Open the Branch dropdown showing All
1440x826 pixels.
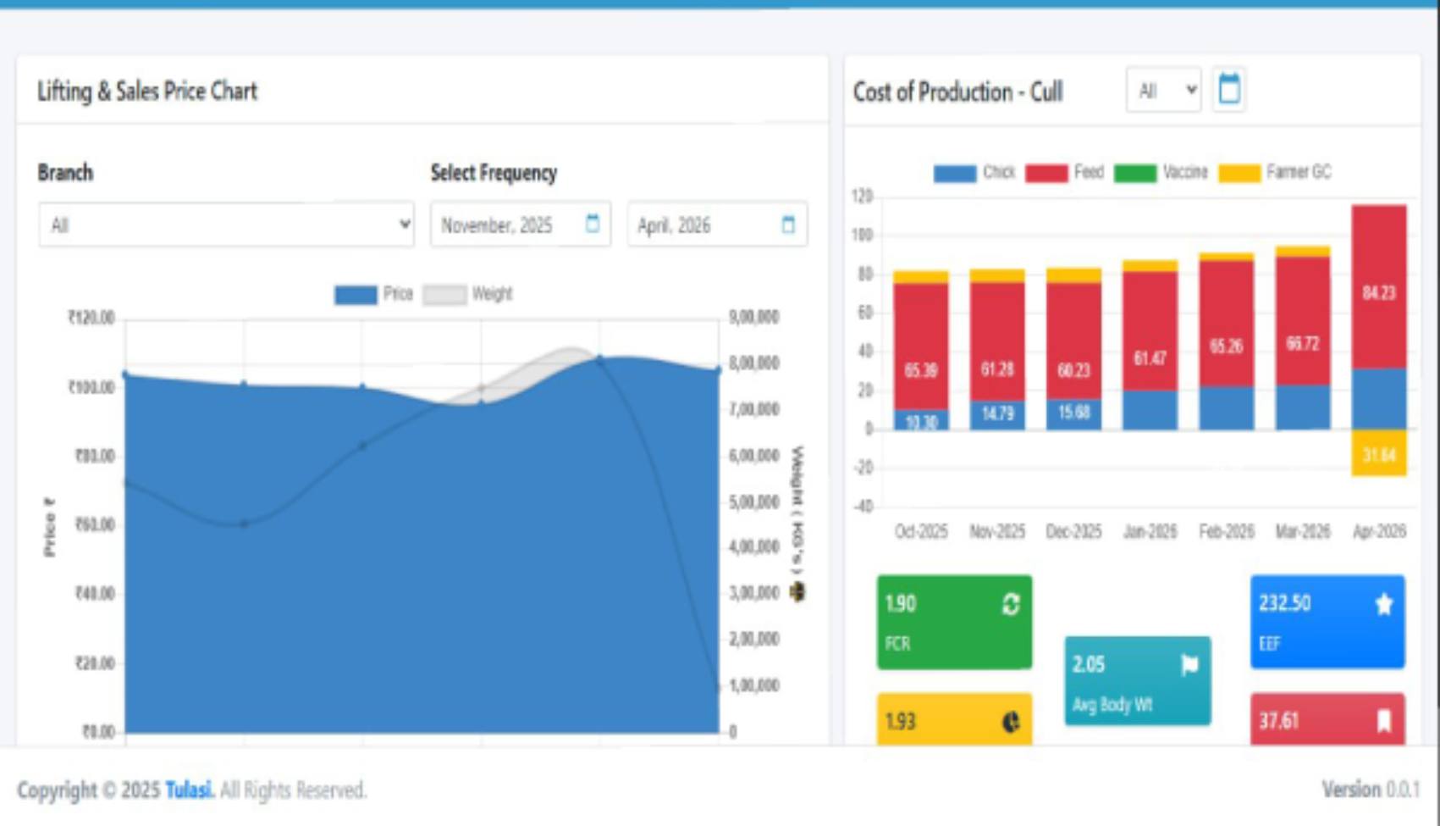226,225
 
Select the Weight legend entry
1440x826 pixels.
468,294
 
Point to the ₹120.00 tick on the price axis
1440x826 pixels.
91,318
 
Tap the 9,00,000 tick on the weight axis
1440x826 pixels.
753,317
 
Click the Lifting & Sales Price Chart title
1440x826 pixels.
147,91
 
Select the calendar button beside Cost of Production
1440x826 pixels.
1229,89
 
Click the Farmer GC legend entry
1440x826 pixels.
1275,173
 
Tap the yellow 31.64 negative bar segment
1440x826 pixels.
1379,454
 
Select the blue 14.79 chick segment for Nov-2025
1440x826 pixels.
997,414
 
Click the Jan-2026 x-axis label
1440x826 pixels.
1150,532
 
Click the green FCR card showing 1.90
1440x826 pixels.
954,623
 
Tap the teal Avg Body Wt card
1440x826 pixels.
1137,681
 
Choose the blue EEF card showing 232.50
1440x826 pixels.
1327,623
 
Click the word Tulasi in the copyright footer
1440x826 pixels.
188,790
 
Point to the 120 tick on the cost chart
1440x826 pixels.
861,197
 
